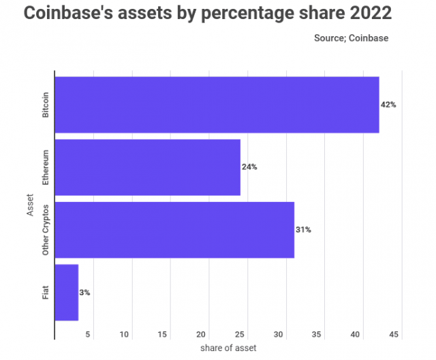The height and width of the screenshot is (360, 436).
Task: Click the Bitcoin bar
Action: [x=217, y=104]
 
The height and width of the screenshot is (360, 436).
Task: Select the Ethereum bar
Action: [x=147, y=167]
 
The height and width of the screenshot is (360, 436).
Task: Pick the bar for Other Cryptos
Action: [x=174, y=230]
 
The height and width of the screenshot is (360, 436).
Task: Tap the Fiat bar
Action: [x=66, y=292]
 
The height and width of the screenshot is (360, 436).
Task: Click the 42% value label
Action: [x=388, y=105]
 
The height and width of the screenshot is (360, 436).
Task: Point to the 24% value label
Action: [x=249, y=167]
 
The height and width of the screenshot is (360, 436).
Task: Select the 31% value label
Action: [x=303, y=230]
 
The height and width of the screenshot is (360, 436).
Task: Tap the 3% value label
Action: [x=84, y=292]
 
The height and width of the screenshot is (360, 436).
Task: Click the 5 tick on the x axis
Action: [x=88, y=335]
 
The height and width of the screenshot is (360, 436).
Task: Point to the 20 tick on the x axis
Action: [x=202, y=335]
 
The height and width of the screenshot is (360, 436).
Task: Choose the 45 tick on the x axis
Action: [x=394, y=335]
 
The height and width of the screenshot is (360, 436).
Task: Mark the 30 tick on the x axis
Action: [x=279, y=335]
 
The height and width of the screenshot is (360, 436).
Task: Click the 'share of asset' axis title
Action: [x=228, y=348]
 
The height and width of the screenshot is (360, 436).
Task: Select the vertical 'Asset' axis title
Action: [x=30, y=205]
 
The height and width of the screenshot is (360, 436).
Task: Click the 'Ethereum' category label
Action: [x=46, y=167]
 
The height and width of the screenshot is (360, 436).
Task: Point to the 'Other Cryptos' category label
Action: [x=46, y=230]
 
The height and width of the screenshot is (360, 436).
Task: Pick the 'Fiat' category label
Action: [x=46, y=292]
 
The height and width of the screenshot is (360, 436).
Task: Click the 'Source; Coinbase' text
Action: [x=351, y=38]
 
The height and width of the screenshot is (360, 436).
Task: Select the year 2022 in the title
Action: [x=368, y=13]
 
